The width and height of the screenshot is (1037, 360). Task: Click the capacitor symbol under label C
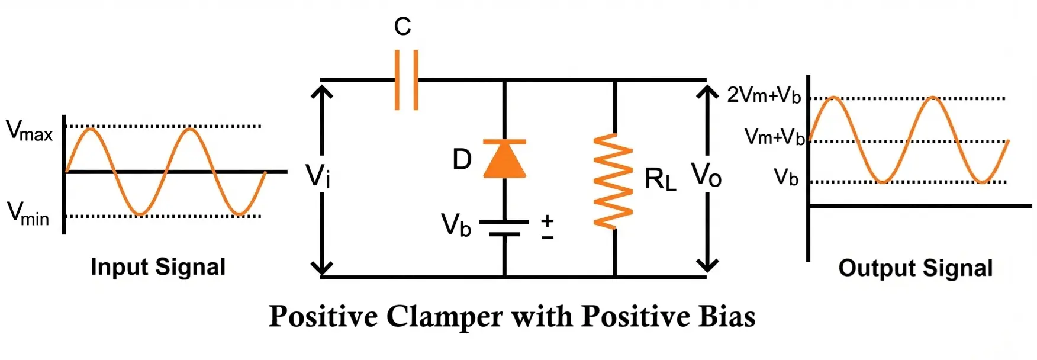click(406, 80)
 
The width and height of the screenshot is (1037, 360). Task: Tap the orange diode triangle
click(504, 160)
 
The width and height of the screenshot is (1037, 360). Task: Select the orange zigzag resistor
click(614, 181)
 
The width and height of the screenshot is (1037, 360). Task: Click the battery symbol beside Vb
click(504, 229)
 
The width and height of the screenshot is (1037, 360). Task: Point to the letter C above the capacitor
click(402, 27)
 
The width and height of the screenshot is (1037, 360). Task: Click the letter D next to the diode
click(462, 160)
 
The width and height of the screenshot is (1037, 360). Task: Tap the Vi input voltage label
click(317, 175)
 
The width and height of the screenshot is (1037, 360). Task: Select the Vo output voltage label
click(706, 175)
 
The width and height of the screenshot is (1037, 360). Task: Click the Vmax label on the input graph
click(29, 131)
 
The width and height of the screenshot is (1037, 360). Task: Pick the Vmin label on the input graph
click(28, 214)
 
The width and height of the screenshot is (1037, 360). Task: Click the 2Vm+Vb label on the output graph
click(764, 95)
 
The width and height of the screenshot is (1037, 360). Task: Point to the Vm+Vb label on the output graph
click(774, 137)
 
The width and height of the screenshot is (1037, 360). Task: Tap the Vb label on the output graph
click(786, 177)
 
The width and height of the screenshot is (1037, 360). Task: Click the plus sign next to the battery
click(548, 221)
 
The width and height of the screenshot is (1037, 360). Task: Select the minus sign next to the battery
click(548, 238)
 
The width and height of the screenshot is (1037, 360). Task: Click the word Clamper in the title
click(445, 317)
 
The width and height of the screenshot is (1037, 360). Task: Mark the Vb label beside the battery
click(456, 226)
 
